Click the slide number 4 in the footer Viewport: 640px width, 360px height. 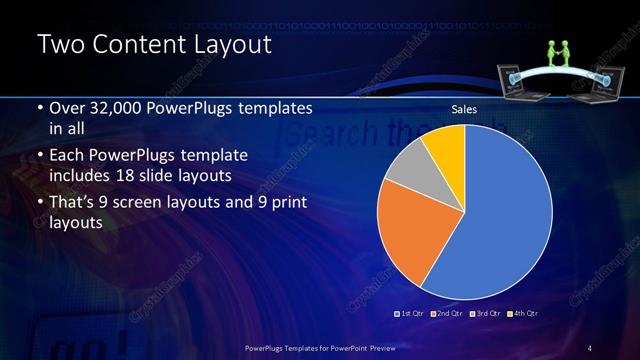(x=590, y=347)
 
